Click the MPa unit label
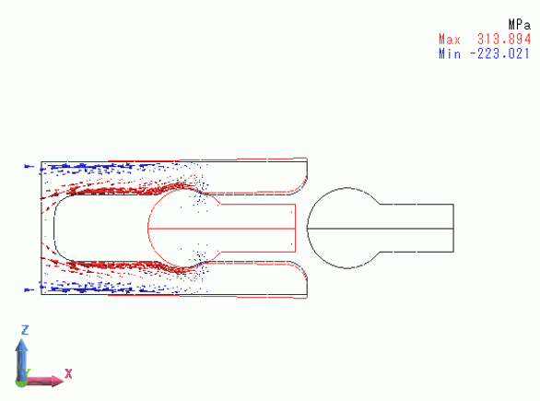520,25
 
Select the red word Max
450,40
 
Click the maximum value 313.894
504,40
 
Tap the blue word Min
450,54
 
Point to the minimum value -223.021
499,54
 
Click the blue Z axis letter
25,330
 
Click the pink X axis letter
68,373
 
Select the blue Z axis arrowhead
21,345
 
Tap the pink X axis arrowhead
58,381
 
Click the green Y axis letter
27,372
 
